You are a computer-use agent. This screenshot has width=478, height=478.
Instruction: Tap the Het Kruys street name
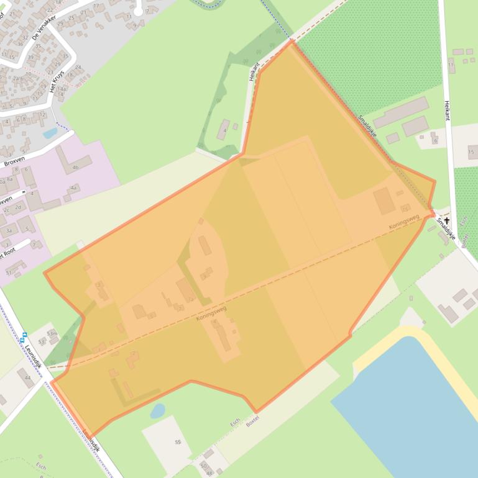tap(57, 81)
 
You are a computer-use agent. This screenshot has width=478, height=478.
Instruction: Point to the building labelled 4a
tap(74, 187)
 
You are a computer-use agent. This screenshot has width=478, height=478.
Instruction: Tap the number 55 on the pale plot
tap(178, 441)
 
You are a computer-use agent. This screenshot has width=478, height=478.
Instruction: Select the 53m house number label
tap(52, 333)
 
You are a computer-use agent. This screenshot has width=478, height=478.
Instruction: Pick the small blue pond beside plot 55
tap(158, 410)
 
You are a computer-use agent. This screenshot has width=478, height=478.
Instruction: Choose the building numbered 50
tap(203, 465)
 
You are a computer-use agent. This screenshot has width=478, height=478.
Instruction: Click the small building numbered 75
tap(405, 207)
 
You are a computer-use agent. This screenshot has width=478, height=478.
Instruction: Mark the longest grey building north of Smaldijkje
tap(400, 112)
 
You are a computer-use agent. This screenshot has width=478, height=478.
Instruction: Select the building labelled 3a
tap(9, 230)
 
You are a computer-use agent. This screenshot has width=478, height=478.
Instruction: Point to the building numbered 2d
tap(18, 207)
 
